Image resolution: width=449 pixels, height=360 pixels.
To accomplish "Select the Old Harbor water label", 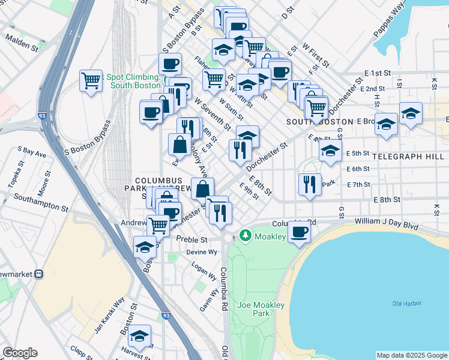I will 405,304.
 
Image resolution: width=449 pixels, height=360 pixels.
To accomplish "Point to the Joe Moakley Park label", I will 261,309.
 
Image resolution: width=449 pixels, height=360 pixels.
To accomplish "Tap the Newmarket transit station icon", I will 40,274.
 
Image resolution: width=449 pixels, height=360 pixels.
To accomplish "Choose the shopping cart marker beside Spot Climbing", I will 91,80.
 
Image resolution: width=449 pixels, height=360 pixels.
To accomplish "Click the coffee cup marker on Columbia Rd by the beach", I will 299,231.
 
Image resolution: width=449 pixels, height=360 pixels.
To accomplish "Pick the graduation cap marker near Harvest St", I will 140,336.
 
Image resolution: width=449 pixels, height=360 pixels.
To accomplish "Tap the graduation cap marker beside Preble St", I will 145,247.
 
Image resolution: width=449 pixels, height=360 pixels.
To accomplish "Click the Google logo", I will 20,353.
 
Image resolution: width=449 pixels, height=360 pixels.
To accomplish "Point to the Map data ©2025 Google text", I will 411,355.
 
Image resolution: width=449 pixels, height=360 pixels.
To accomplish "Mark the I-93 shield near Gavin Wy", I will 166,314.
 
